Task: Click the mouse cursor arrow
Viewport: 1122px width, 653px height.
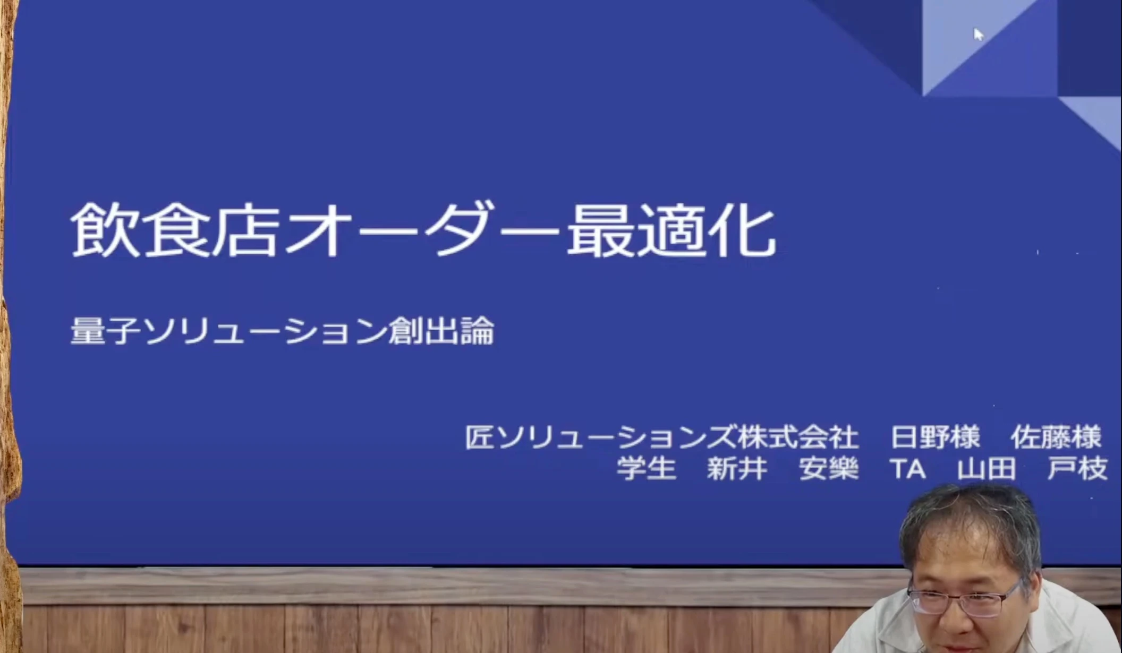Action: point(979,35)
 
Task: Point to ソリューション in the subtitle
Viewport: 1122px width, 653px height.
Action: point(265,331)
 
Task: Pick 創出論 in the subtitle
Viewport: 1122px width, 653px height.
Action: point(441,331)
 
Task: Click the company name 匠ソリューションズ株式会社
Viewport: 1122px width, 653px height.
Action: point(662,437)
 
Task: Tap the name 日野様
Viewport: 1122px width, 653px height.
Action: point(936,437)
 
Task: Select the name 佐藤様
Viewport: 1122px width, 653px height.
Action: point(1056,437)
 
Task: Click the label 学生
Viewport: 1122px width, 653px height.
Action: point(647,469)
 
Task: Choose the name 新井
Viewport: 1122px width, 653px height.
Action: point(737,469)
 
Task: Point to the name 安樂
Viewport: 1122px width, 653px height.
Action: point(829,469)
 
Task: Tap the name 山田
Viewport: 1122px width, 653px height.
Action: point(987,469)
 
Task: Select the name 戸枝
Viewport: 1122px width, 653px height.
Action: point(1077,469)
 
